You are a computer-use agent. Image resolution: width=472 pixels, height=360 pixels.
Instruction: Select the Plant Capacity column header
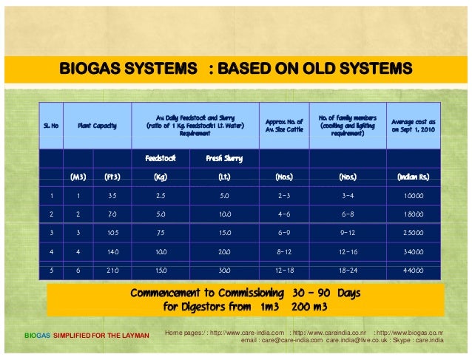point(98,126)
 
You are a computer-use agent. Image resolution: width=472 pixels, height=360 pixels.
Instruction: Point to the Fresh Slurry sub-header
point(223,158)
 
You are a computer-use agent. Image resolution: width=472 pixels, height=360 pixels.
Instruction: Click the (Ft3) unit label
point(112,177)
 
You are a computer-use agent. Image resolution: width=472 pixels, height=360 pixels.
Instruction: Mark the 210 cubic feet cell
point(112,271)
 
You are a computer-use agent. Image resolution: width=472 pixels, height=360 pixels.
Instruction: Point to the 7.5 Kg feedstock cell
point(160,234)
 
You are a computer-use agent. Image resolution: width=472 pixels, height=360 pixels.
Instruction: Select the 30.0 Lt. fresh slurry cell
point(223,271)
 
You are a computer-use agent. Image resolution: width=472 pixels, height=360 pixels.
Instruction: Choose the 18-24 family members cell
point(347,271)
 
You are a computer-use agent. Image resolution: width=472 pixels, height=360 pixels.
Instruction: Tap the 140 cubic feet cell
point(112,252)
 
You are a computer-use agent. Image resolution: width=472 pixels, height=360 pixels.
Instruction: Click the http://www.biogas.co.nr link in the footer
point(424,333)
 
